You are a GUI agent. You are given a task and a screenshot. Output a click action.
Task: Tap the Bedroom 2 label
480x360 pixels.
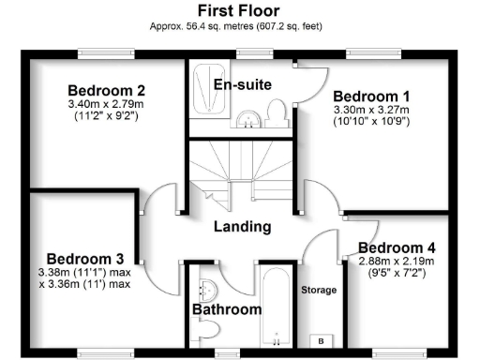[x=105, y=90]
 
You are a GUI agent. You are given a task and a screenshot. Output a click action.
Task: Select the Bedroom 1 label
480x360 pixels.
[x=371, y=96]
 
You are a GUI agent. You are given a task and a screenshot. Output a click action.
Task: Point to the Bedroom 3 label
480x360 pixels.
[x=85, y=259]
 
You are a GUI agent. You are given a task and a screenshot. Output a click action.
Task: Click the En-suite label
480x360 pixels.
[x=243, y=85]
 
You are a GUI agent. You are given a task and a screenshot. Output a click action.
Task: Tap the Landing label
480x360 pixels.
[x=242, y=227]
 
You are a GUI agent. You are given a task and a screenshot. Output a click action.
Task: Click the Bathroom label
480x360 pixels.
[x=227, y=308]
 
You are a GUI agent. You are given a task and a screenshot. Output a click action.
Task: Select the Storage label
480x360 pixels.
[x=319, y=291]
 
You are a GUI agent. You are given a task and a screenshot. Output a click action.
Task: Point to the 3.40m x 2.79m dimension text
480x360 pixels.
[x=105, y=105]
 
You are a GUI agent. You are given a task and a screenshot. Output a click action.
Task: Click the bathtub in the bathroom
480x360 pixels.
[x=276, y=309]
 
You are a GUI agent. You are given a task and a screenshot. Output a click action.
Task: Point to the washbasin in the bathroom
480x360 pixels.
[x=207, y=287]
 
